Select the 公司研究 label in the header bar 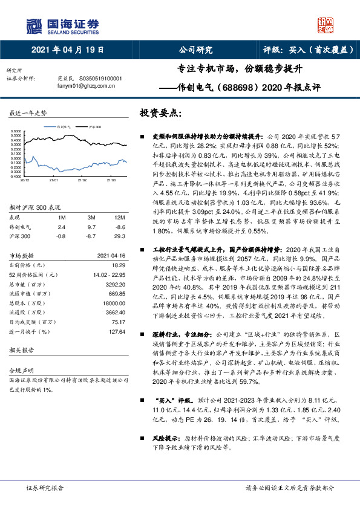[195, 50]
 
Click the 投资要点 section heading [160, 114]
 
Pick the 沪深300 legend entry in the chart [94, 128]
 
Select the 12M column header [119, 216]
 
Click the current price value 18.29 [118, 265]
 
